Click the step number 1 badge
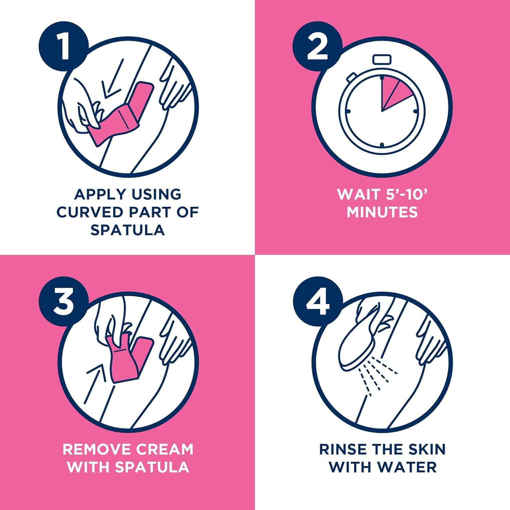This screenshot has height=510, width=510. click(x=64, y=47)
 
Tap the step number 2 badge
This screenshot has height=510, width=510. click(x=318, y=47)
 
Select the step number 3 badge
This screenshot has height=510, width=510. click(x=64, y=302)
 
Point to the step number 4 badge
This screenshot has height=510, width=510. click(x=318, y=302)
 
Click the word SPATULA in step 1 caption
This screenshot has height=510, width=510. click(x=128, y=230)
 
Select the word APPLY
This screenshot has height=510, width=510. click(x=100, y=194)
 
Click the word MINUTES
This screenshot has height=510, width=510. click(x=382, y=212)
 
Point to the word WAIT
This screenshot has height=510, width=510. click(x=359, y=194)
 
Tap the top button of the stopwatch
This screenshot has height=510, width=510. click(x=382, y=60)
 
